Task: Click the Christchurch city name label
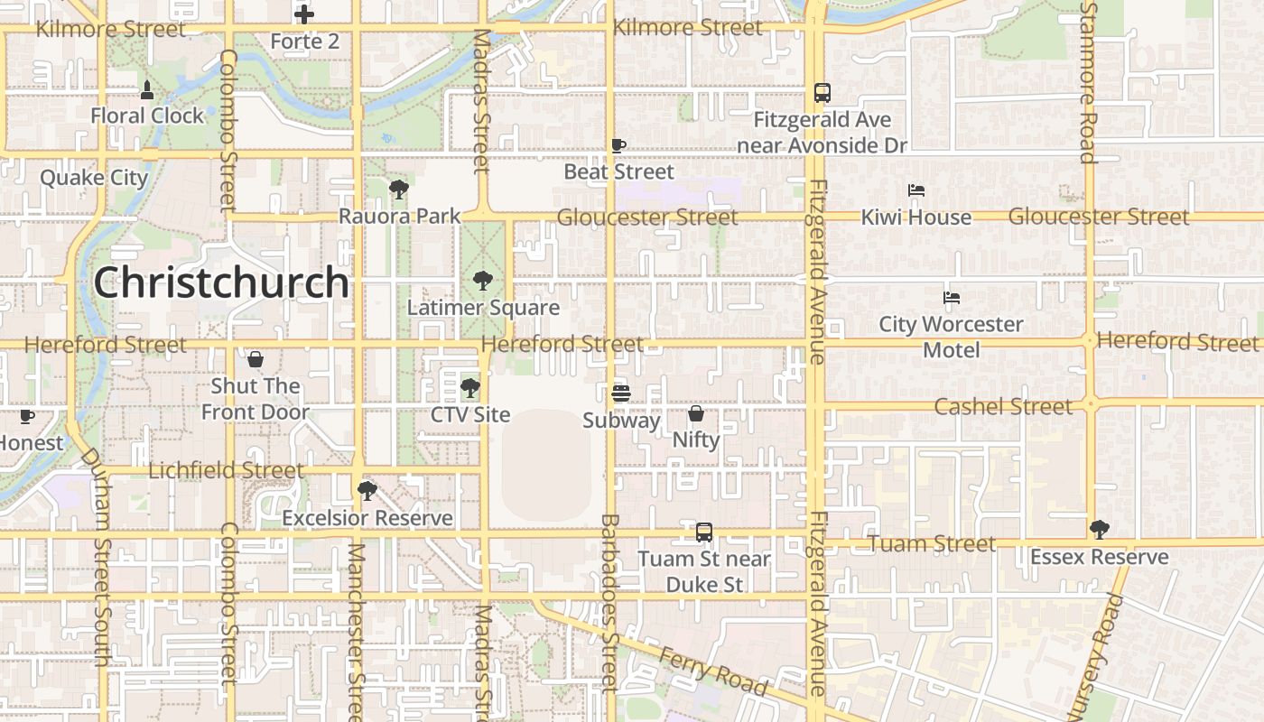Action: click(x=221, y=282)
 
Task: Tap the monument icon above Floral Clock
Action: click(x=147, y=89)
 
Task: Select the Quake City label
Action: click(x=93, y=177)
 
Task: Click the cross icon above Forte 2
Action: click(x=304, y=14)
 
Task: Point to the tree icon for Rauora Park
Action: click(x=398, y=190)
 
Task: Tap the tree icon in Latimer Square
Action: click(x=483, y=281)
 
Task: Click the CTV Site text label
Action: click(x=470, y=415)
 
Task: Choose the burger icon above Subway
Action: click(x=620, y=393)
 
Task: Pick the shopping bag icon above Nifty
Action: click(x=696, y=413)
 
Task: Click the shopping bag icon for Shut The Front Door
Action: click(x=256, y=359)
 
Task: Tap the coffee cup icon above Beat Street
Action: click(x=618, y=145)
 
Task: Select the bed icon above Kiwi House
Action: click(x=915, y=190)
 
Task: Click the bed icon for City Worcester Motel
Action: click(x=951, y=298)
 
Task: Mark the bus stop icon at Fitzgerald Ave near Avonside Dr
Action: click(x=822, y=92)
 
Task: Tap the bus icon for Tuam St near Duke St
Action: click(x=704, y=532)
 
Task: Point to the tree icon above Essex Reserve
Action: click(x=1099, y=529)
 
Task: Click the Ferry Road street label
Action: click(x=713, y=672)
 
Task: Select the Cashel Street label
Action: click(x=1003, y=406)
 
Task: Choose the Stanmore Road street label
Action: click(x=1088, y=81)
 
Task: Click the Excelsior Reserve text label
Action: click(x=367, y=518)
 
